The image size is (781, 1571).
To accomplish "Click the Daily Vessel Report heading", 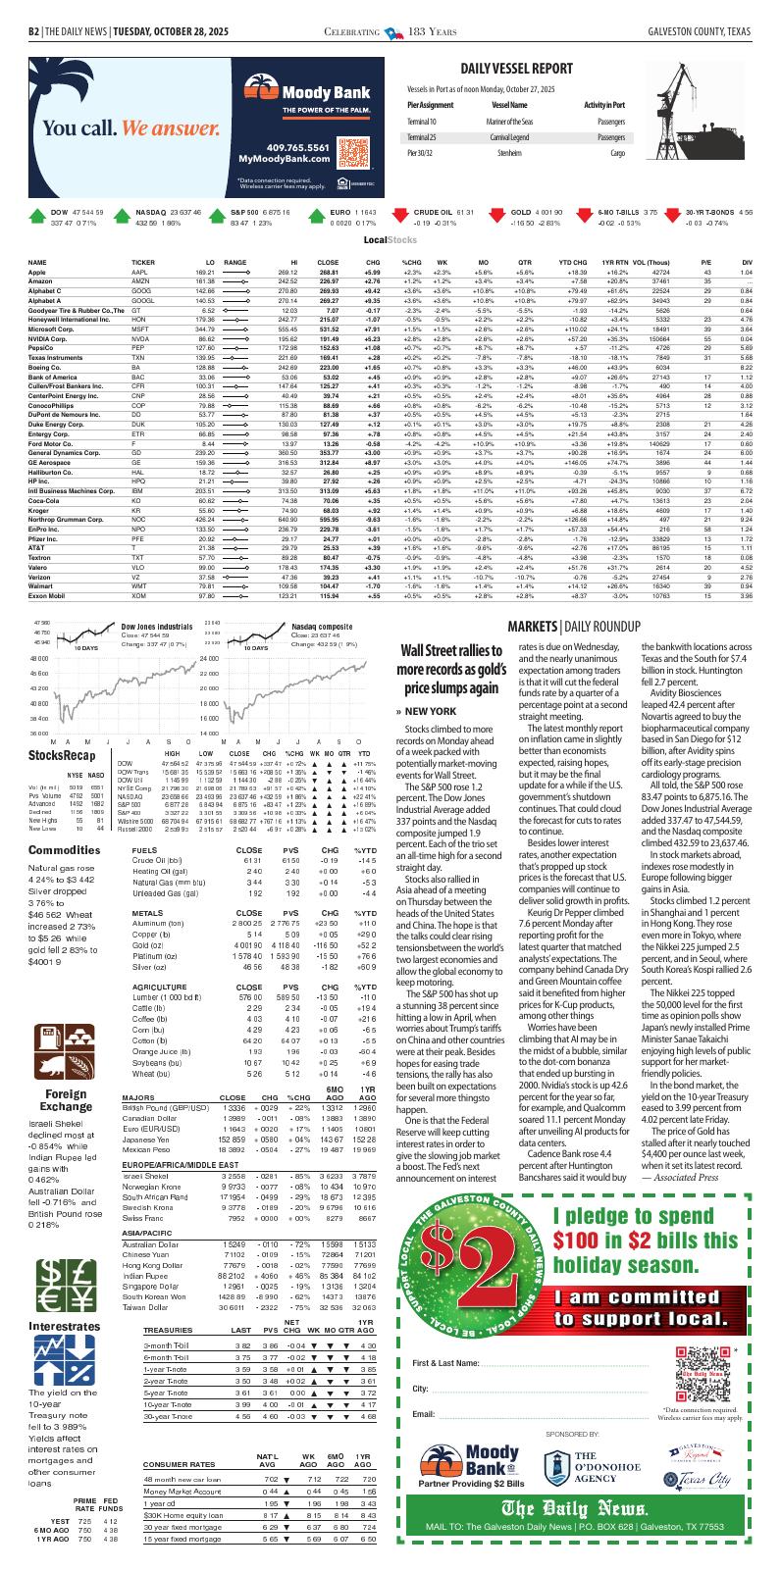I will (516, 68).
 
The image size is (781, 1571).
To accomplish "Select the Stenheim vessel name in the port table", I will (509, 153).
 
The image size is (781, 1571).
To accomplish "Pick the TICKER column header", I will (143, 263).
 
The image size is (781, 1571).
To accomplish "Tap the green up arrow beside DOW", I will (36, 218).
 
